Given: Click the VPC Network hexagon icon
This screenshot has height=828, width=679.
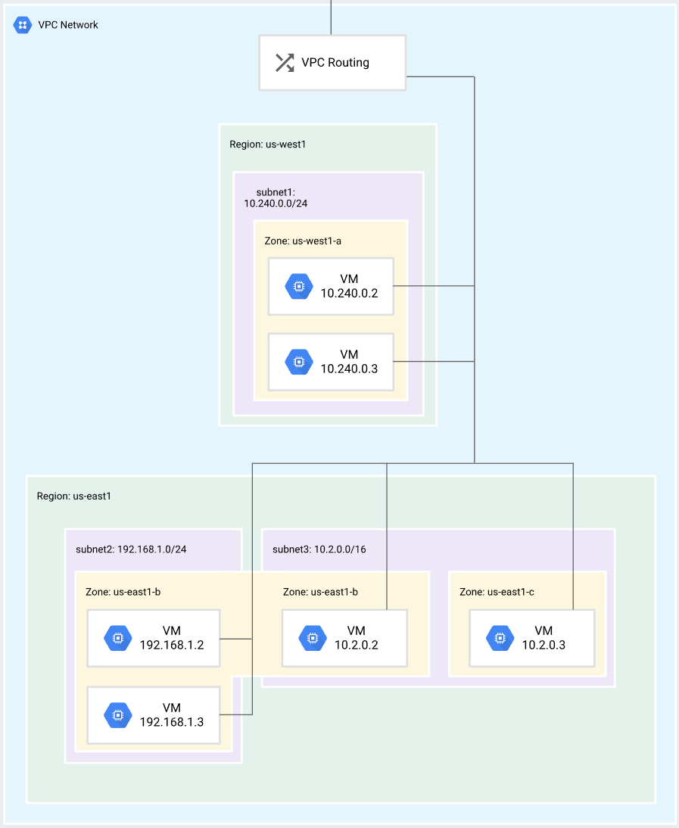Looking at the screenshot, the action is [22, 25].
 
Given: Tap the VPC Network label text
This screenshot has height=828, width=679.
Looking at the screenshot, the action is [68, 25].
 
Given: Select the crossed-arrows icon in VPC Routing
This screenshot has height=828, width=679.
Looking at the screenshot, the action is [285, 63].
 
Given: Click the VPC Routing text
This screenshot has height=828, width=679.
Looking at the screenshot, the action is [335, 62].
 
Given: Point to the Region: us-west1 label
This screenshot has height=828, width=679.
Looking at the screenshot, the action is [268, 144].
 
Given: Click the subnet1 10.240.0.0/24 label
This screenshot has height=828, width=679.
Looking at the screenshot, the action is [276, 198].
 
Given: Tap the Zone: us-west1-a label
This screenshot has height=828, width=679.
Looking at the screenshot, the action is [303, 241].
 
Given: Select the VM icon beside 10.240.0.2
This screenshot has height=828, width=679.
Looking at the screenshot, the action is [299, 287].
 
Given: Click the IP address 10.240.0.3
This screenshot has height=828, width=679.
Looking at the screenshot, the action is [349, 369].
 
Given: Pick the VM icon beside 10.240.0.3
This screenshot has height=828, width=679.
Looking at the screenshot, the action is [299, 363].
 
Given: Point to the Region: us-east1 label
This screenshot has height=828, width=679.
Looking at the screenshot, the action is [74, 496].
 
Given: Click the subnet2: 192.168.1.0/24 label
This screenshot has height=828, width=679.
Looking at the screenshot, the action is [131, 549].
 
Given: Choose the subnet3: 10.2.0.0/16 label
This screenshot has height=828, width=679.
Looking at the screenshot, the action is [319, 549].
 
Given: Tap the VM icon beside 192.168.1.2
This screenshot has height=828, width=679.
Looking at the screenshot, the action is [118, 638].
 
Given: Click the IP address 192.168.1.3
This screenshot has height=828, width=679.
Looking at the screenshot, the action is [172, 722].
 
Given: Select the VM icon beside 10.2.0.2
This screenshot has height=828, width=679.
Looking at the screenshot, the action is [313, 638].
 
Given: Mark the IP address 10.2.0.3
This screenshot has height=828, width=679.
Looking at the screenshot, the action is [544, 645].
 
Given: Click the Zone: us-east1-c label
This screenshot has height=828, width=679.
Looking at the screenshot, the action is [497, 592].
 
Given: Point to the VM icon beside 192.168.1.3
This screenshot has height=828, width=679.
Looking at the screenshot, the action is [118, 715].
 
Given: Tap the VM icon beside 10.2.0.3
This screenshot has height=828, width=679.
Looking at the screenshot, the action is [500, 638].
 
